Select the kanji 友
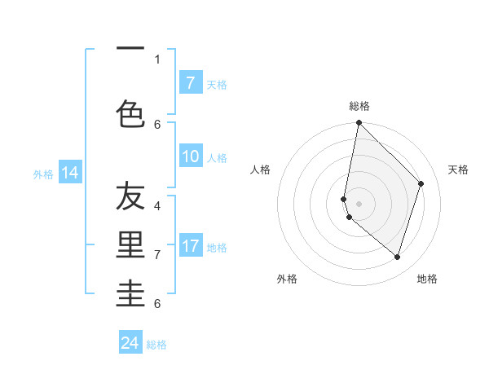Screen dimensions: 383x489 pyautogui.click(x=130, y=196)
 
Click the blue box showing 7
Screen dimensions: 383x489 pyautogui.click(x=190, y=82)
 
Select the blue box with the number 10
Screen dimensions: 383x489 pyautogui.click(x=190, y=156)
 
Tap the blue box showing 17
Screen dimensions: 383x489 pyautogui.click(x=190, y=246)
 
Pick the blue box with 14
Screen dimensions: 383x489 pyautogui.click(x=70, y=173)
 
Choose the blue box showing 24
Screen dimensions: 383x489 pyautogui.click(x=130, y=343)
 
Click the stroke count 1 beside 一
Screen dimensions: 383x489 pyautogui.click(x=157, y=59)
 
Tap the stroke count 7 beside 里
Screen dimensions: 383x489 pyautogui.click(x=157, y=254)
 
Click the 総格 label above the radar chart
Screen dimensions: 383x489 pyautogui.click(x=359, y=106)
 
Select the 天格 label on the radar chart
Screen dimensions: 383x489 pyautogui.click(x=458, y=169)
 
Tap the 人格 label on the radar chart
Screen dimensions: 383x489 pyautogui.click(x=261, y=169)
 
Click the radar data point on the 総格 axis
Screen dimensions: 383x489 pyautogui.click(x=359, y=122)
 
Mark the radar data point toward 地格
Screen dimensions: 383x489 pyautogui.click(x=397, y=257)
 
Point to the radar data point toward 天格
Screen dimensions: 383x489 pyautogui.click(x=421, y=183)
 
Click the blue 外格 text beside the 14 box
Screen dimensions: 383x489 pyautogui.click(x=42, y=174)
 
